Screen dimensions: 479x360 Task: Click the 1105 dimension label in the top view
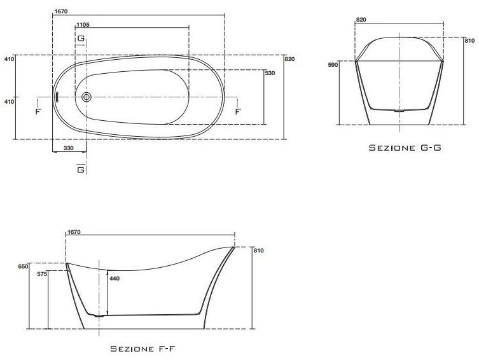(x=83, y=25)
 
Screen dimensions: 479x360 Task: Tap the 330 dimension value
(x=69, y=148)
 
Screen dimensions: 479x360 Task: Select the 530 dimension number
(x=270, y=73)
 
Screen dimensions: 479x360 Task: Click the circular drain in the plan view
(x=87, y=97)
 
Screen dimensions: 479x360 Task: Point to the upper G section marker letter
(x=81, y=38)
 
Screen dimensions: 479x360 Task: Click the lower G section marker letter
(x=81, y=169)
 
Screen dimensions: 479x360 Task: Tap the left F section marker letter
(x=38, y=111)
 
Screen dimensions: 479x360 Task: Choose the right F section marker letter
(x=238, y=111)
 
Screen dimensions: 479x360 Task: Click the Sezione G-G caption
(x=405, y=148)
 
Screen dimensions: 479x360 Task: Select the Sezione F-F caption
(x=142, y=349)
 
